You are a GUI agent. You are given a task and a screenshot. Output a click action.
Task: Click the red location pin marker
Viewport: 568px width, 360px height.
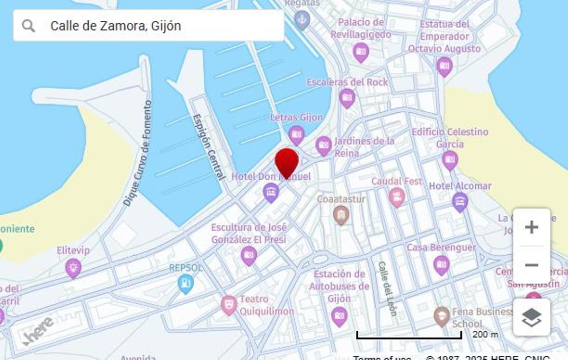[x=287, y=162]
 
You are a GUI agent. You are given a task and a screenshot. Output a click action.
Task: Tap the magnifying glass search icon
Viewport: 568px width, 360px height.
[x=28, y=26]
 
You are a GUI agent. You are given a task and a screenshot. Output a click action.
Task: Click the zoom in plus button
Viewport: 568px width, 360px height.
[x=532, y=227]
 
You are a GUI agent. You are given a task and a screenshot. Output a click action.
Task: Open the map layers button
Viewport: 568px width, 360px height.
[x=532, y=317]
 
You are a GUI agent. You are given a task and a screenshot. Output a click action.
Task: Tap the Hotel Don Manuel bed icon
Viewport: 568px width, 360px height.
[x=271, y=192]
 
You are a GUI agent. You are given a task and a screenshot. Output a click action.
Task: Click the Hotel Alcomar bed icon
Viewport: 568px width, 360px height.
[x=460, y=202]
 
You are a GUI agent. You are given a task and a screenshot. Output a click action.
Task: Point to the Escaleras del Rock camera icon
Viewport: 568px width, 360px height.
[x=347, y=97]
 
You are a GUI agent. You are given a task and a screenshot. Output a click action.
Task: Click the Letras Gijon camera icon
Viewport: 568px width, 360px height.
[x=296, y=135]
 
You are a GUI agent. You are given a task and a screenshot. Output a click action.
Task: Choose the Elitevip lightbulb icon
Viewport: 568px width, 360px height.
[x=73, y=268]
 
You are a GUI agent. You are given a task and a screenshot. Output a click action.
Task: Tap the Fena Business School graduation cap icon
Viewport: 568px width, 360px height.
[x=442, y=316]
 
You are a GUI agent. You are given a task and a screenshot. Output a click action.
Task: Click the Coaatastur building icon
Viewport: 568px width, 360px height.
[x=341, y=215]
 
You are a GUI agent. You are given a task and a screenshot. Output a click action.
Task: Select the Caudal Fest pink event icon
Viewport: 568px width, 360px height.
[x=397, y=196]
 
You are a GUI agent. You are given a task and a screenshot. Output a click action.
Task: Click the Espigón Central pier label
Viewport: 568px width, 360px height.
[x=209, y=146]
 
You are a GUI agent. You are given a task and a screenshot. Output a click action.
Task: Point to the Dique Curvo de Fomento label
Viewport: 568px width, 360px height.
[x=138, y=152]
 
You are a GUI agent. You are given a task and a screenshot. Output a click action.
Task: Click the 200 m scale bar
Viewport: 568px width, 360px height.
[x=409, y=335]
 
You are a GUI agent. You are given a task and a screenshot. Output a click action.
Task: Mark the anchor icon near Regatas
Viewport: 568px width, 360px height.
[x=302, y=19]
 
